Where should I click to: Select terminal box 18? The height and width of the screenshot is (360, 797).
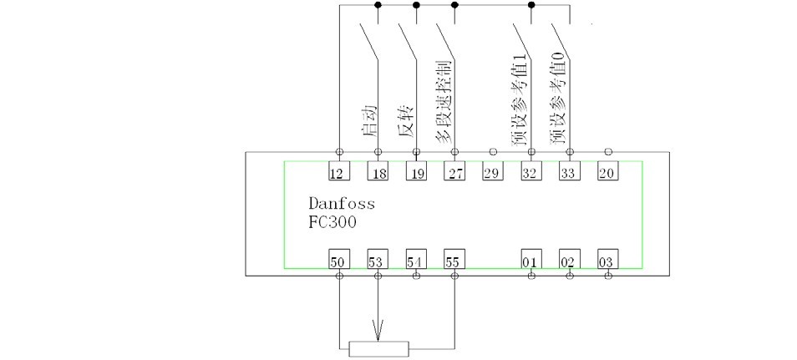[x=378, y=173]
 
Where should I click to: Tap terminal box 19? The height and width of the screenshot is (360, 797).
[x=416, y=173]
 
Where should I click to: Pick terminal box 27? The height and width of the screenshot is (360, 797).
[x=454, y=173]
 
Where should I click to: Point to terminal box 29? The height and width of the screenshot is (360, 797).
[x=493, y=173]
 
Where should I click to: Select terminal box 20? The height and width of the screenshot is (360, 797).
[x=607, y=173]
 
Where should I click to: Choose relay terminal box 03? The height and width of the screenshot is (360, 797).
[x=607, y=260]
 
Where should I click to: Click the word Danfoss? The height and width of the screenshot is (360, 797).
[x=342, y=204]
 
